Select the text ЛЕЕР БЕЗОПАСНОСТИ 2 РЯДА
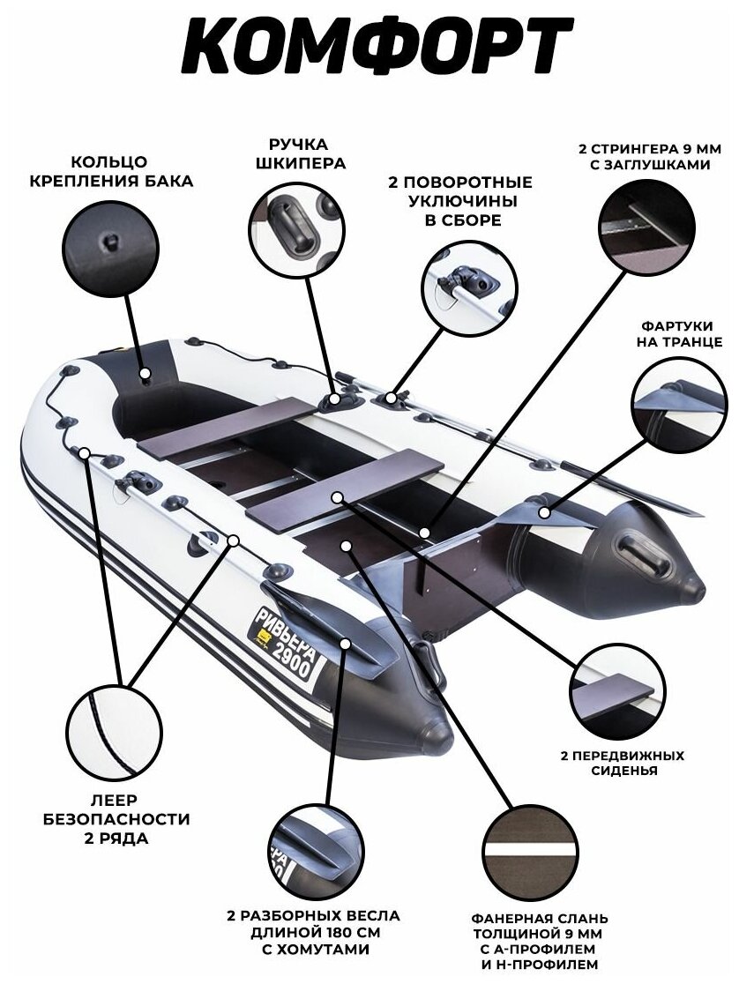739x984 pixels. coord(115,818)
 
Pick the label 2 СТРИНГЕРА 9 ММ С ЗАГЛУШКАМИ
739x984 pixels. coord(646,155)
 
